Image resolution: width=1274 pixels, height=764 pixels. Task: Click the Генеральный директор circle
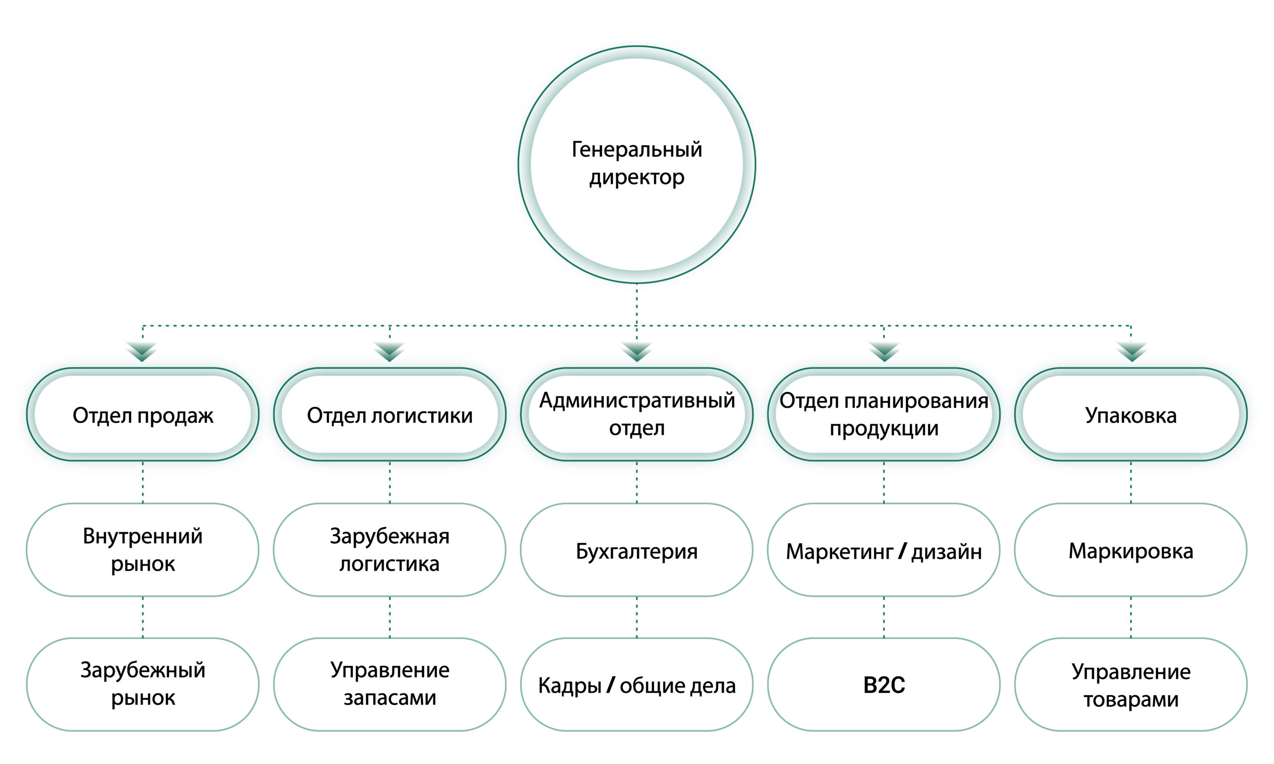(637, 164)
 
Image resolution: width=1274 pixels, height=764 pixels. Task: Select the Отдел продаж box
(143, 414)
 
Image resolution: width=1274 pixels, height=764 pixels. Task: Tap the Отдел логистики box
(389, 414)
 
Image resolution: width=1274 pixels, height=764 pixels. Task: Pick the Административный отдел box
(637, 414)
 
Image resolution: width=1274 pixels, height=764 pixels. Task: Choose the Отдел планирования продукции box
(884, 414)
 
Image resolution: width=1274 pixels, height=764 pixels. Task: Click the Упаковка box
(1131, 414)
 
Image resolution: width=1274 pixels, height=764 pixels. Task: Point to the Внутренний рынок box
(143, 550)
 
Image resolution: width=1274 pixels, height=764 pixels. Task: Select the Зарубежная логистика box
(389, 550)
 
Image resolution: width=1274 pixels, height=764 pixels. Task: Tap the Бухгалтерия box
(637, 550)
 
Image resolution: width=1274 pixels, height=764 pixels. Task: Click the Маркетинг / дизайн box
(884, 550)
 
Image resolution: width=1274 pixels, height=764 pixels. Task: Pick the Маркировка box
(1131, 550)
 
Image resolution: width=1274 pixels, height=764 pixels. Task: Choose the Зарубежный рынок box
(143, 684)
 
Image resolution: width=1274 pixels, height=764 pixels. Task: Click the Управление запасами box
(389, 684)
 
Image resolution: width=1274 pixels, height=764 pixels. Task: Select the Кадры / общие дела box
(637, 684)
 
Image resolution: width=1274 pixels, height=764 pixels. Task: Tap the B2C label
(884, 685)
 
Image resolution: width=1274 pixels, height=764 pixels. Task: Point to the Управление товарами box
(1131, 684)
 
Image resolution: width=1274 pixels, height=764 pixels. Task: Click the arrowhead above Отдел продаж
(142, 351)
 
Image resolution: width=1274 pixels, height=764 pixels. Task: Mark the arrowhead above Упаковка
(1131, 351)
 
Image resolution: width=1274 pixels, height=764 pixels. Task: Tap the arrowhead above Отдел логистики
(389, 351)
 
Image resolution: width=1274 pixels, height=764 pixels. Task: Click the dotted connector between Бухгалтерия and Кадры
(637, 617)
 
